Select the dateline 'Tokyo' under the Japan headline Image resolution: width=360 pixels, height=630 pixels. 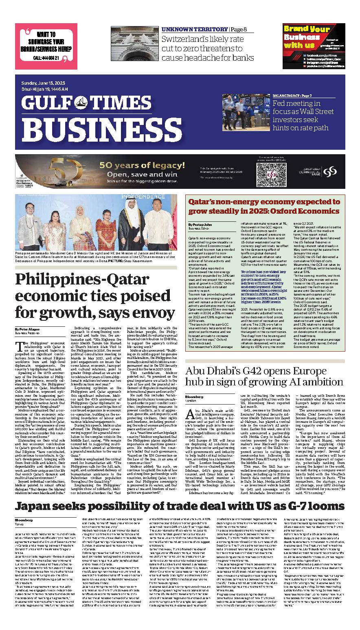[x=20, y=524]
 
